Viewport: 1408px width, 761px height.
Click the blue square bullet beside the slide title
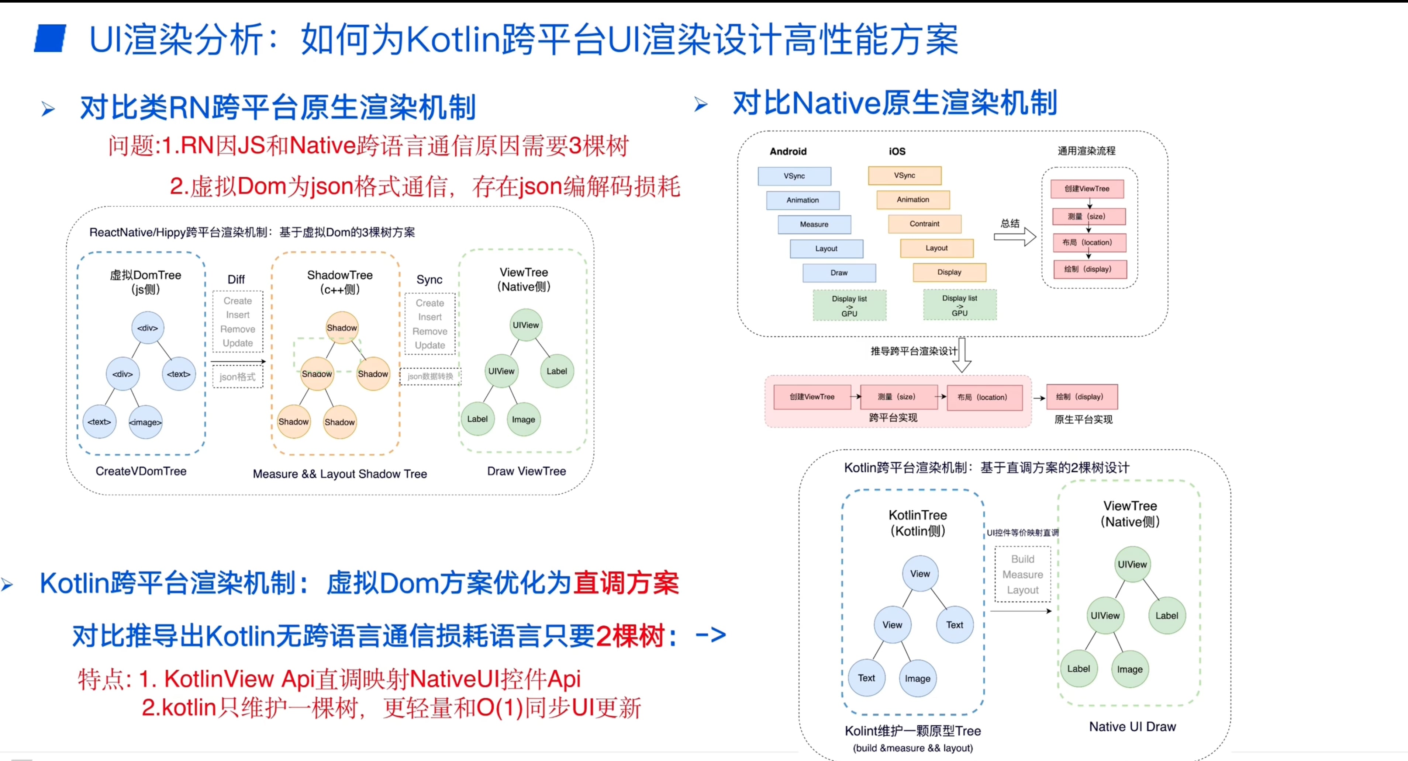pyautogui.click(x=50, y=38)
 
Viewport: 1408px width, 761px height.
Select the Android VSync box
pyautogui.click(x=794, y=176)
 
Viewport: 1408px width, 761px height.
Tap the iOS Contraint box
pyautogui.click(x=924, y=223)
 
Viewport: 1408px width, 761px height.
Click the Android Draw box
pyautogui.click(x=839, y=272)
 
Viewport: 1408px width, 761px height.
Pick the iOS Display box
pyautogui.click(x=949, y=272)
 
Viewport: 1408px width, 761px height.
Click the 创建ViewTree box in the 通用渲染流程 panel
pyautogui.click(x=1087, y=188)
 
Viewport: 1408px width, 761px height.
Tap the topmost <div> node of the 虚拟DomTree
pyautogui.click(x=148, y=328)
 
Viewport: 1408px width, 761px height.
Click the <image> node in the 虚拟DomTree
pyautogui.click(x=145, y=422)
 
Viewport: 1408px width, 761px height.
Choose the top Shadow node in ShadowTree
pyautogui.click(x=342, y=328)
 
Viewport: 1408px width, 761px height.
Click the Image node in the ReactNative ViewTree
pyautogui.click(x=524, y=420)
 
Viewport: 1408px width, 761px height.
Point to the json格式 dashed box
pyautogui.click(x=238, y=377)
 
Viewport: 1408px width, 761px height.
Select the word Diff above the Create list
pyautogui.click(x=236, y=280)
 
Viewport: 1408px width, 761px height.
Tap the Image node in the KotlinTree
pyautogui.click(x=918, y=678)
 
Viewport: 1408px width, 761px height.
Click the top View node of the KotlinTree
pyautogui.click(x=920, y=574)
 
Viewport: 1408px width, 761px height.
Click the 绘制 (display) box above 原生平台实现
pyautogui.click(x=1082, y=397)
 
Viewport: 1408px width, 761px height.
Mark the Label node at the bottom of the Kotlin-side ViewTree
pyautogui.click(x=1079, y=669)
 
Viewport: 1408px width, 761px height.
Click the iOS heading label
pyautogui.click(x=897, y=151)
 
